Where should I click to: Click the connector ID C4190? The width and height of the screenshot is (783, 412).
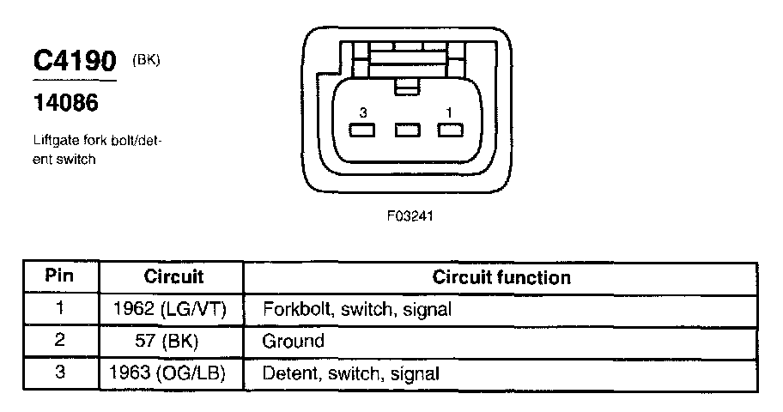pyautogui.click(x=73, y=61)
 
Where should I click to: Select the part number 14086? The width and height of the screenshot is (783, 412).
pyautogui.click(x=65, y=104)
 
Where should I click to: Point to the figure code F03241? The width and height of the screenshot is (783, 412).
pyautogui.click(x=410, y=216)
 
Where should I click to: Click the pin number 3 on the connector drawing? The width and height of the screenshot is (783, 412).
pyautogui.click(x=363, y=112)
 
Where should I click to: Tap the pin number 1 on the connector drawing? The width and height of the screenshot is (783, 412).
pyautogui.click(x=449, y=112)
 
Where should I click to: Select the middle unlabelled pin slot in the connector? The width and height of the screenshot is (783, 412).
pyautogui.click(x=406, y=130)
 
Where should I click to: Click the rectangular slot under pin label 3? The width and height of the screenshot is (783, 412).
pyautogui.click(x=363, y=130)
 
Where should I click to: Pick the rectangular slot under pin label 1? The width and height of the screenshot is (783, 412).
pyautogui.click(x=449, y=130)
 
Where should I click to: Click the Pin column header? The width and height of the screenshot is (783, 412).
pyautogui.click(x=59, y=277)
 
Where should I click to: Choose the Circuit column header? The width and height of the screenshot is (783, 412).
pyautogui.click(x=173, y=277)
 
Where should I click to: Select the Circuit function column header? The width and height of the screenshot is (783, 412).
pyautogui.click(x=501, y=277)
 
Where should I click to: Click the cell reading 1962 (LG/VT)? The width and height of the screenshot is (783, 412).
pyautogui.click(x=169, y=309)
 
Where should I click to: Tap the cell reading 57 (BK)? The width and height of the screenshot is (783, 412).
pyautogui.click(x=170, y=341)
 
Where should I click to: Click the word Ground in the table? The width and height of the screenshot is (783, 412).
pyautogui.click(x=293, y=341)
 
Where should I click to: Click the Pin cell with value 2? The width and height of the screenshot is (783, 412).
pyautogui.click(x=59, y=341)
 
